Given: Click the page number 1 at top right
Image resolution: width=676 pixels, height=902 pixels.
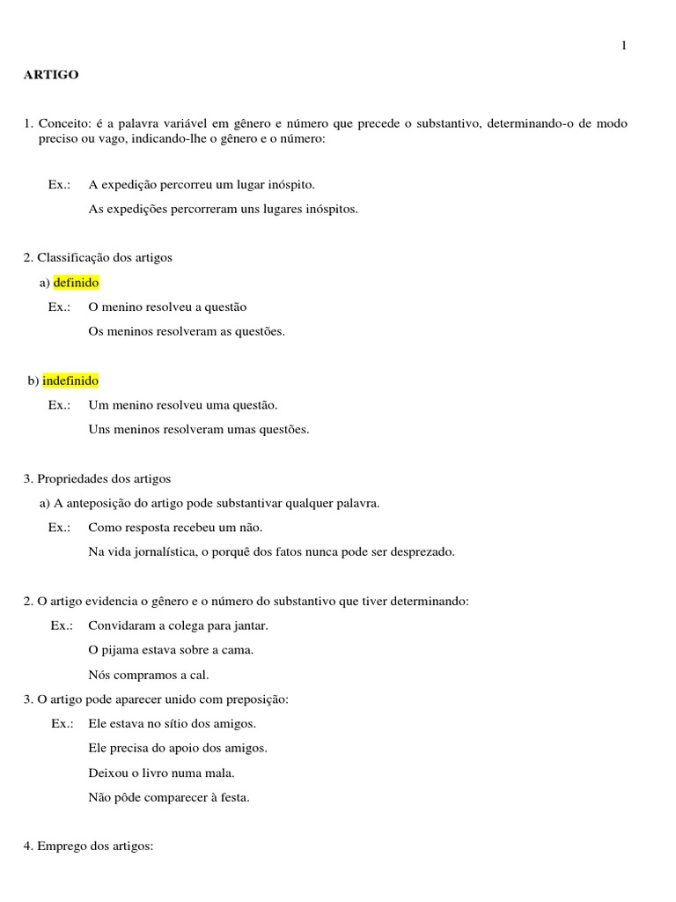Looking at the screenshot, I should (624, 46).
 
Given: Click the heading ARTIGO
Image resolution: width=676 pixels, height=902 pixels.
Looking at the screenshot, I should (51, 75).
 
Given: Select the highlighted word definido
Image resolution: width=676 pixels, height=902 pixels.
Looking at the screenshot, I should (77, 283).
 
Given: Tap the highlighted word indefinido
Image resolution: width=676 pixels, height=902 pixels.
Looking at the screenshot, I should (71, 381).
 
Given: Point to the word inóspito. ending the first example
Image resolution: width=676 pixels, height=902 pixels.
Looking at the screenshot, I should (285, 185).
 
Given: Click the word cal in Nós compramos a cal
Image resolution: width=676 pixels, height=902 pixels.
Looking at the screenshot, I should (200, 675).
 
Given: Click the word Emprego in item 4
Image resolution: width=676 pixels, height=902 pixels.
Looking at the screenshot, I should (62, 846).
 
